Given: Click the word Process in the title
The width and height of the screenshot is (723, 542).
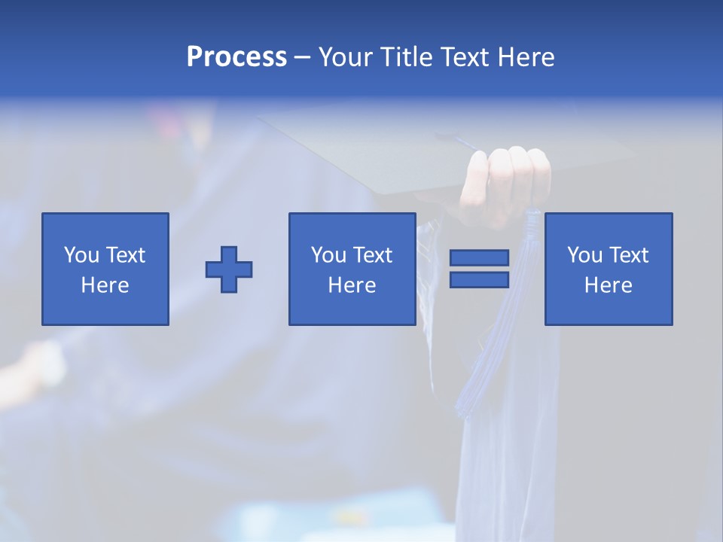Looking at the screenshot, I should point(236,57).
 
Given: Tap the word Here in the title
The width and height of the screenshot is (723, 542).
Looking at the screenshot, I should point(525,57).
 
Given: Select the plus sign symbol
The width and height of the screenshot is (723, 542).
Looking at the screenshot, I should point(229,269).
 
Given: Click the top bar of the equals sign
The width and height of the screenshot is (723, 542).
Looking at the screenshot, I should point(479,258).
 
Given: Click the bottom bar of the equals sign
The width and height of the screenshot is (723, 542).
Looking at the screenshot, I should point(479,280).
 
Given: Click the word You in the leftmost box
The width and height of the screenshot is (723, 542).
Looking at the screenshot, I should point(81,255).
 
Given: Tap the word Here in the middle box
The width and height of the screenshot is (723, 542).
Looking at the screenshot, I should point(352,285).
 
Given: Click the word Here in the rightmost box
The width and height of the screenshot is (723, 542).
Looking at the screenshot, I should point(609,285).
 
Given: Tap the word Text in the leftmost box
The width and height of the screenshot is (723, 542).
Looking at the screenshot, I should point(125,255).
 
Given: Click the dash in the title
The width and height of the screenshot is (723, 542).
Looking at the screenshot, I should point(303,57).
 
